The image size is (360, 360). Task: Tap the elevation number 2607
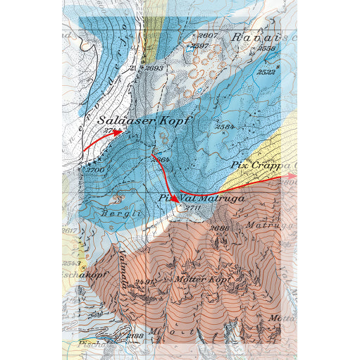[209, 35]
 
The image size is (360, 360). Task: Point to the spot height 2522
[266, 72]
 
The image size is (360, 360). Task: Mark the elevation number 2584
[225, 127]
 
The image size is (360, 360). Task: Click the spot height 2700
[95, 170]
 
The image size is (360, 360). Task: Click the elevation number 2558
[266, 49]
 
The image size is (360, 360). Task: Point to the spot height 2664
[161, 159]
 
